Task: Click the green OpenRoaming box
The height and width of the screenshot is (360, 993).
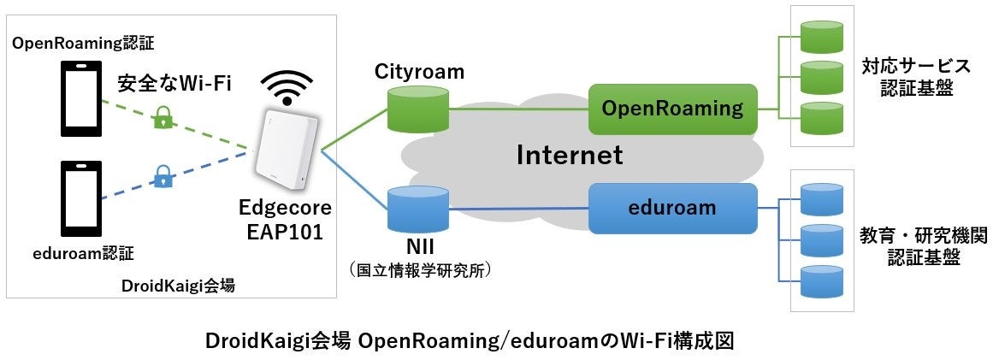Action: (x=673, y=109)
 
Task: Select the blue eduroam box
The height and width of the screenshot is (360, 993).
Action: (x=673, y=208)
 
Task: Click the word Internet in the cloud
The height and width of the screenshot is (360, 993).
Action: (x=569, y=156)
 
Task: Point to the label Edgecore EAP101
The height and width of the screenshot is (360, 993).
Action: (x=286, y=220)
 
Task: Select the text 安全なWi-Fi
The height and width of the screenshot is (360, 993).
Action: (x=174, y=83)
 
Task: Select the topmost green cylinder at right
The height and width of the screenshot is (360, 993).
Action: (x=822, y=37)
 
